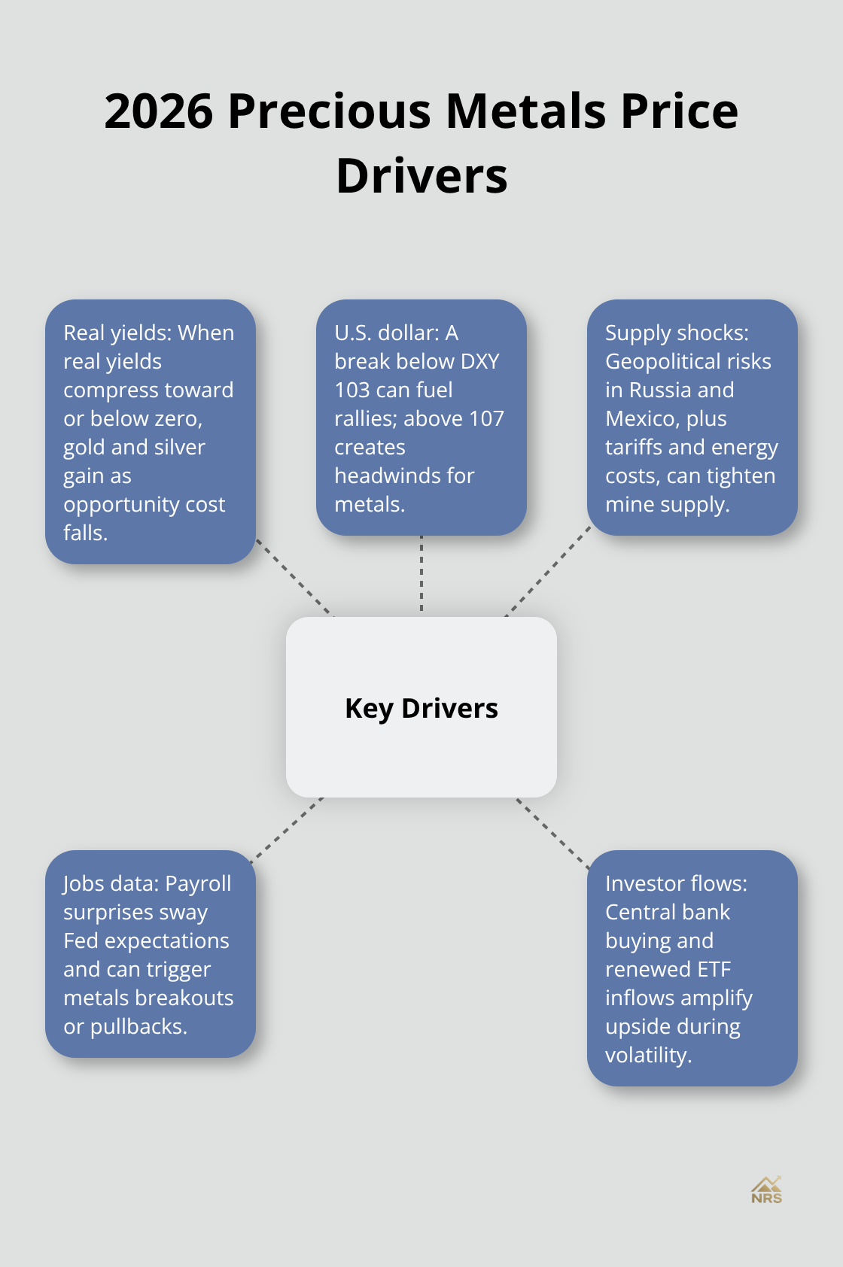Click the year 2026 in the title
[x=158, y=111]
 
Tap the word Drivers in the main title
[x=421, y=176]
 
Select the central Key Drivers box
[x=421, y=707]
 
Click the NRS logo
[x=766, y=1190]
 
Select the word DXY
[x=479, y=361]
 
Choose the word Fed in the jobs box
[x=81, y=940]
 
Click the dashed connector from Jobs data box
[x=288, y=825]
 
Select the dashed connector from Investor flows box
[x=553, y=833]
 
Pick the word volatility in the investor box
[x=647, y=1055]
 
